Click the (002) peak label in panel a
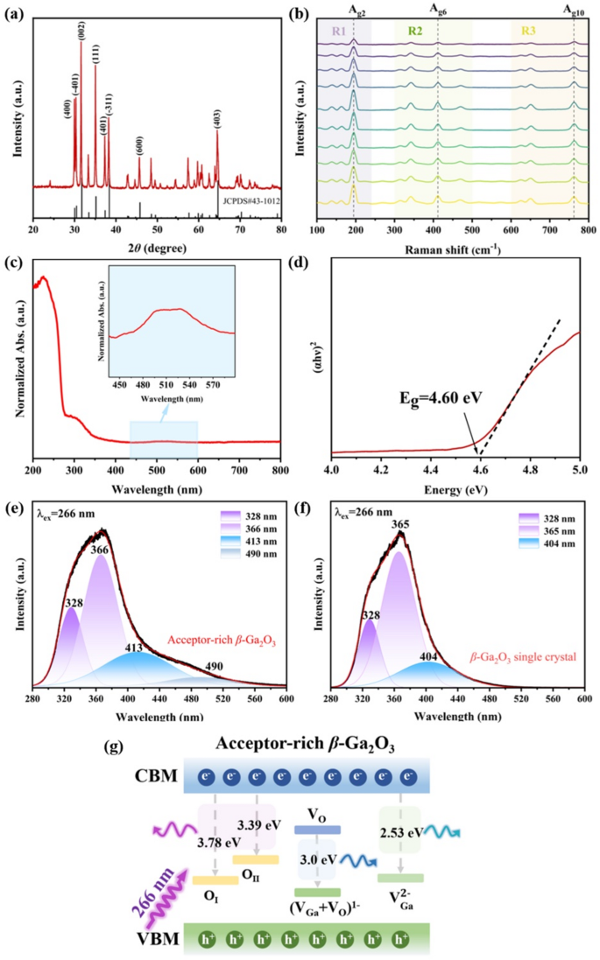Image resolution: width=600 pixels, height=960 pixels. tap(81, 30)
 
